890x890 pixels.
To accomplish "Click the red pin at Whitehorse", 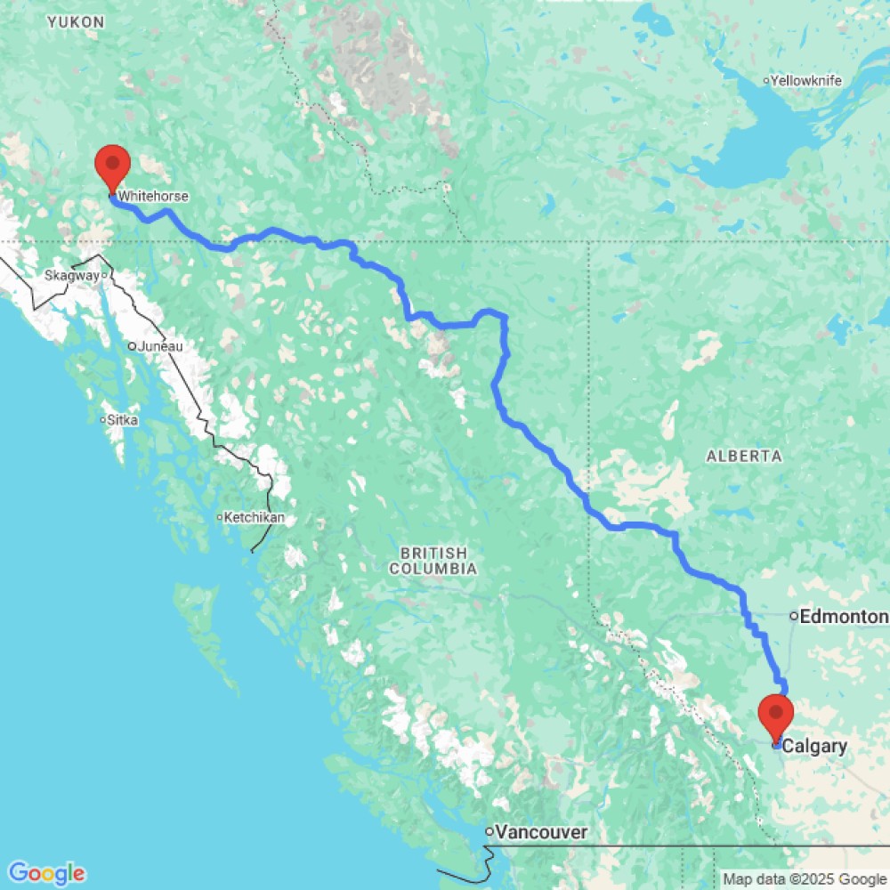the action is (113, 165).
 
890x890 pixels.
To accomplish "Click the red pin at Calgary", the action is (777, 715).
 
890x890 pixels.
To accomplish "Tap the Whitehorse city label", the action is (152, 197).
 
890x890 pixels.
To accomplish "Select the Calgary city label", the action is (814, 747).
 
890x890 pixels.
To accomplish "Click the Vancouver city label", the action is (542, 832).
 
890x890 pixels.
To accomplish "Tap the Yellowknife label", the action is (805, 81).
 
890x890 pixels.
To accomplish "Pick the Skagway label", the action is (72, 276).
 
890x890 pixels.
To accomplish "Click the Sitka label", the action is (123, 419).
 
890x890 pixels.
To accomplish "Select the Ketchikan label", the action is (255, 517).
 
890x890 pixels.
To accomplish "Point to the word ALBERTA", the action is (744, 456).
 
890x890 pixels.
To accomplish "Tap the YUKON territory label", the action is (77, 21).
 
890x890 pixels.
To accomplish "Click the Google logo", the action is (45, 873).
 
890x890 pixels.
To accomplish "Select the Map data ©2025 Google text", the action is (805, 879).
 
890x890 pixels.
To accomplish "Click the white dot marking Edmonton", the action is (793, 616).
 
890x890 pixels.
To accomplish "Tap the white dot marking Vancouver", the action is (489, 832).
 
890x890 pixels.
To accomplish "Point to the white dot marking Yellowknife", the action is (766, 81).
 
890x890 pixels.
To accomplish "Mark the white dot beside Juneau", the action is (131, 346).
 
